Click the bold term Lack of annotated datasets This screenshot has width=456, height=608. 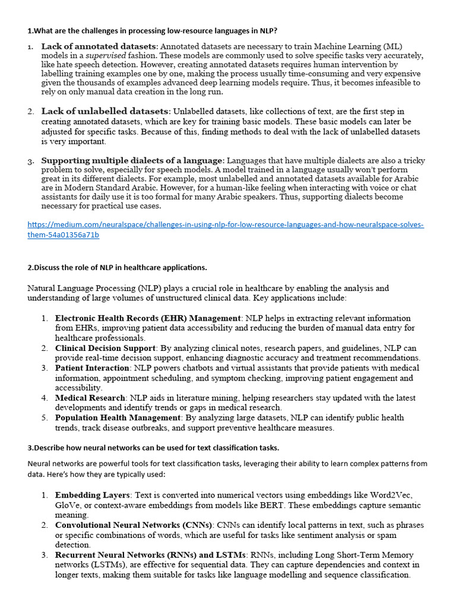pos(99,46)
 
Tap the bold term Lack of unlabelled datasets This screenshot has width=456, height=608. pos(106,111)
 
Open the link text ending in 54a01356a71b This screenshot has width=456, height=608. pos(63,235)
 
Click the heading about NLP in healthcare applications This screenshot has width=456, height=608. pos(117,267)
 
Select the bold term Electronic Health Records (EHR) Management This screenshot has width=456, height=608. pos(148,318)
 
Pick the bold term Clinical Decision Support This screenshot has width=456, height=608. pos(105,348)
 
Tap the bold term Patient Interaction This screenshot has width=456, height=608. pos(93,368)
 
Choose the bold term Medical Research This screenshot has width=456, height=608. pos(90,398)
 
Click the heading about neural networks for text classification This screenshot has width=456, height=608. pos(153,448)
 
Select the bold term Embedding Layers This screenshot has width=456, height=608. pos(93,495)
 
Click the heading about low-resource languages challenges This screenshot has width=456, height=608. pos(152,30)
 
